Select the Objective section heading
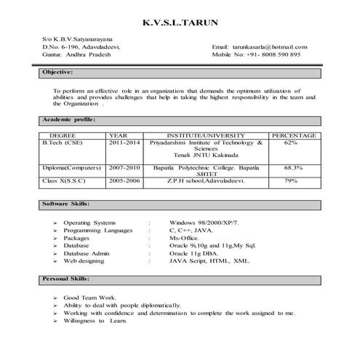click(57, 73)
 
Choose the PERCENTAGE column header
click(293, 135)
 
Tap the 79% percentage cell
click(291, 180)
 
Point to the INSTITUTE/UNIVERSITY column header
click(206, 135)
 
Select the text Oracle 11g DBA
click(193, 253)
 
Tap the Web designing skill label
click(84, 260)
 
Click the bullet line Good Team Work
click(89, 298)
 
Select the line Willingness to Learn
click(89, 321)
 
